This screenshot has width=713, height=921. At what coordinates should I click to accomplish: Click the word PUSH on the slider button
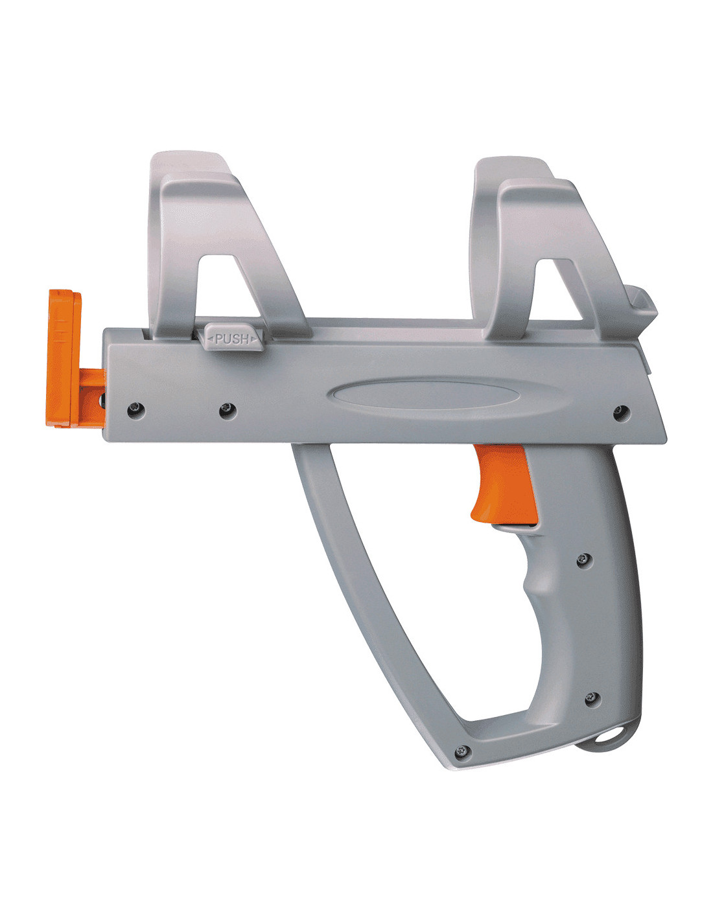231,339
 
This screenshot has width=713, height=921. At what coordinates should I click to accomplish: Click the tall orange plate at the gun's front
64,359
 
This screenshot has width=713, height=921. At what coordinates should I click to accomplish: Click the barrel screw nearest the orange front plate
135,410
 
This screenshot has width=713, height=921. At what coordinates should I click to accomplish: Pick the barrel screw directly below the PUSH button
228,411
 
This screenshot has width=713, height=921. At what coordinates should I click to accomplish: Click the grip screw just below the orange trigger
584,560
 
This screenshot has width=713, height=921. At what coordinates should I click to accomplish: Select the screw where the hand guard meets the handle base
463,752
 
